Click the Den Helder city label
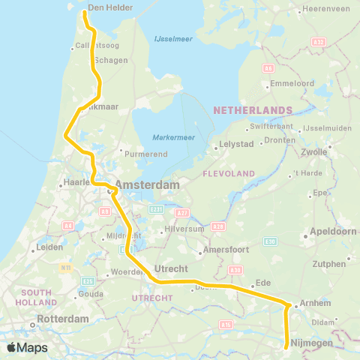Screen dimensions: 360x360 [110, 8]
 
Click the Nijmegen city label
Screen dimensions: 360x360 [310, 342]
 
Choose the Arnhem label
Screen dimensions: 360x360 [314, 304]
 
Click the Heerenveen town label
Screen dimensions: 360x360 [324, 10]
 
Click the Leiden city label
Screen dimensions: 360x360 [49, 246]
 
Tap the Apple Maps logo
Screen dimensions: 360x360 [27, 347]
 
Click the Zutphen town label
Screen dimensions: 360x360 [330, 264]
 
